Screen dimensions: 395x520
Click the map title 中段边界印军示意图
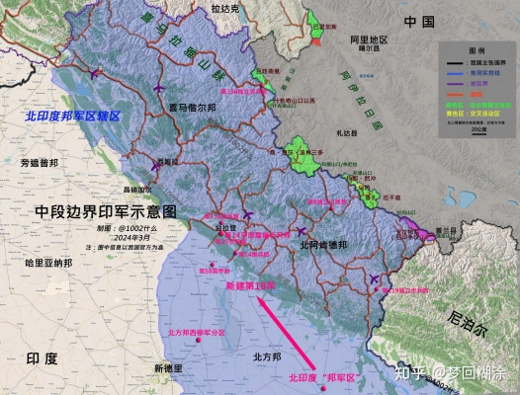[x=106, y=211]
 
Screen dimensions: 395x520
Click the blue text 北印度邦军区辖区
[x=75, y=117]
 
